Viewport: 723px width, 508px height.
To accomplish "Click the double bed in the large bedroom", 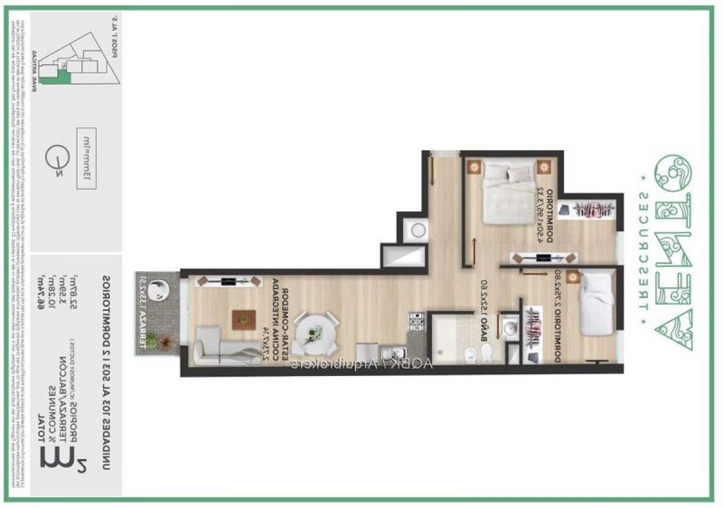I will [x=510, y=192].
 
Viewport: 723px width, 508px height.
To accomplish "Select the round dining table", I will [x=315, y=333].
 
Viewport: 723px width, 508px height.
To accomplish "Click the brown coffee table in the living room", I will [x=241, y=319].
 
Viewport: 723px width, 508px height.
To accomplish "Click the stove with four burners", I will [x=416, y=321].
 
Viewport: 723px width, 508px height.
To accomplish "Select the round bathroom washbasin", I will [x=510, y=329].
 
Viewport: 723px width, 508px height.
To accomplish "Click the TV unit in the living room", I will [x=230, y=281].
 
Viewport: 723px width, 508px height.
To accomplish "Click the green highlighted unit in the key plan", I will [x=63, y=75].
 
